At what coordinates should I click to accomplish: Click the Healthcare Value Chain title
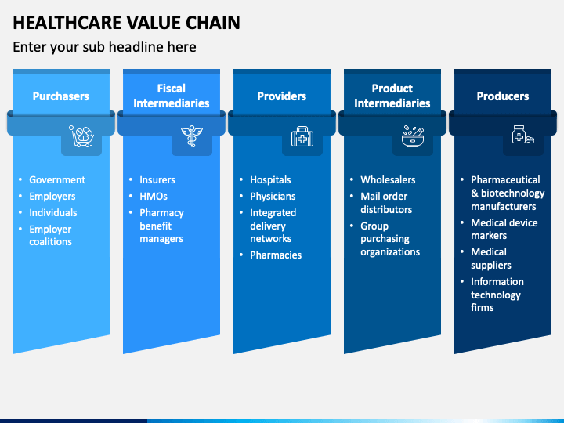pos(126,23)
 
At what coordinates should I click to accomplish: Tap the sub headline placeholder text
pos(104,47)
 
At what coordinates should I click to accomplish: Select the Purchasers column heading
pos(61,96)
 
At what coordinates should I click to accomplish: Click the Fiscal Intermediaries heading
pos(172,96)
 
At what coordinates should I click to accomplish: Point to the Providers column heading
pos(282,96)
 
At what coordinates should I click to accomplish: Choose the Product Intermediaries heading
pos(392,96)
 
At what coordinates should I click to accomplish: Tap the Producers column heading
pos(503,96)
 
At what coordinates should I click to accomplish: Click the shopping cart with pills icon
pos(81,136)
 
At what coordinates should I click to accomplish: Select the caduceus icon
pos(192,136)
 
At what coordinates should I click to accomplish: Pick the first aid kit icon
pos(302,136)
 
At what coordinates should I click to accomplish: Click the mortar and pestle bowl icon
pos(413,136)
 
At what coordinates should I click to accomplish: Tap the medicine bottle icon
pos(523,135)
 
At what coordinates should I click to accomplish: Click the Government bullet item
pos(57,180)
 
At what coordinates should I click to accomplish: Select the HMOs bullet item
pos(154,197)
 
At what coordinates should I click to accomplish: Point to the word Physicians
pos(273,197)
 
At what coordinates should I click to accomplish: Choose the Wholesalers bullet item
pos(388,180)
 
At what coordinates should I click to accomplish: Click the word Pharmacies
pos(276,255)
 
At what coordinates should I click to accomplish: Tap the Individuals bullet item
pos(53,213)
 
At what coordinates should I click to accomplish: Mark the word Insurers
pos(157,180)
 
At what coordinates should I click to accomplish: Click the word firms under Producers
pos(483,308)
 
